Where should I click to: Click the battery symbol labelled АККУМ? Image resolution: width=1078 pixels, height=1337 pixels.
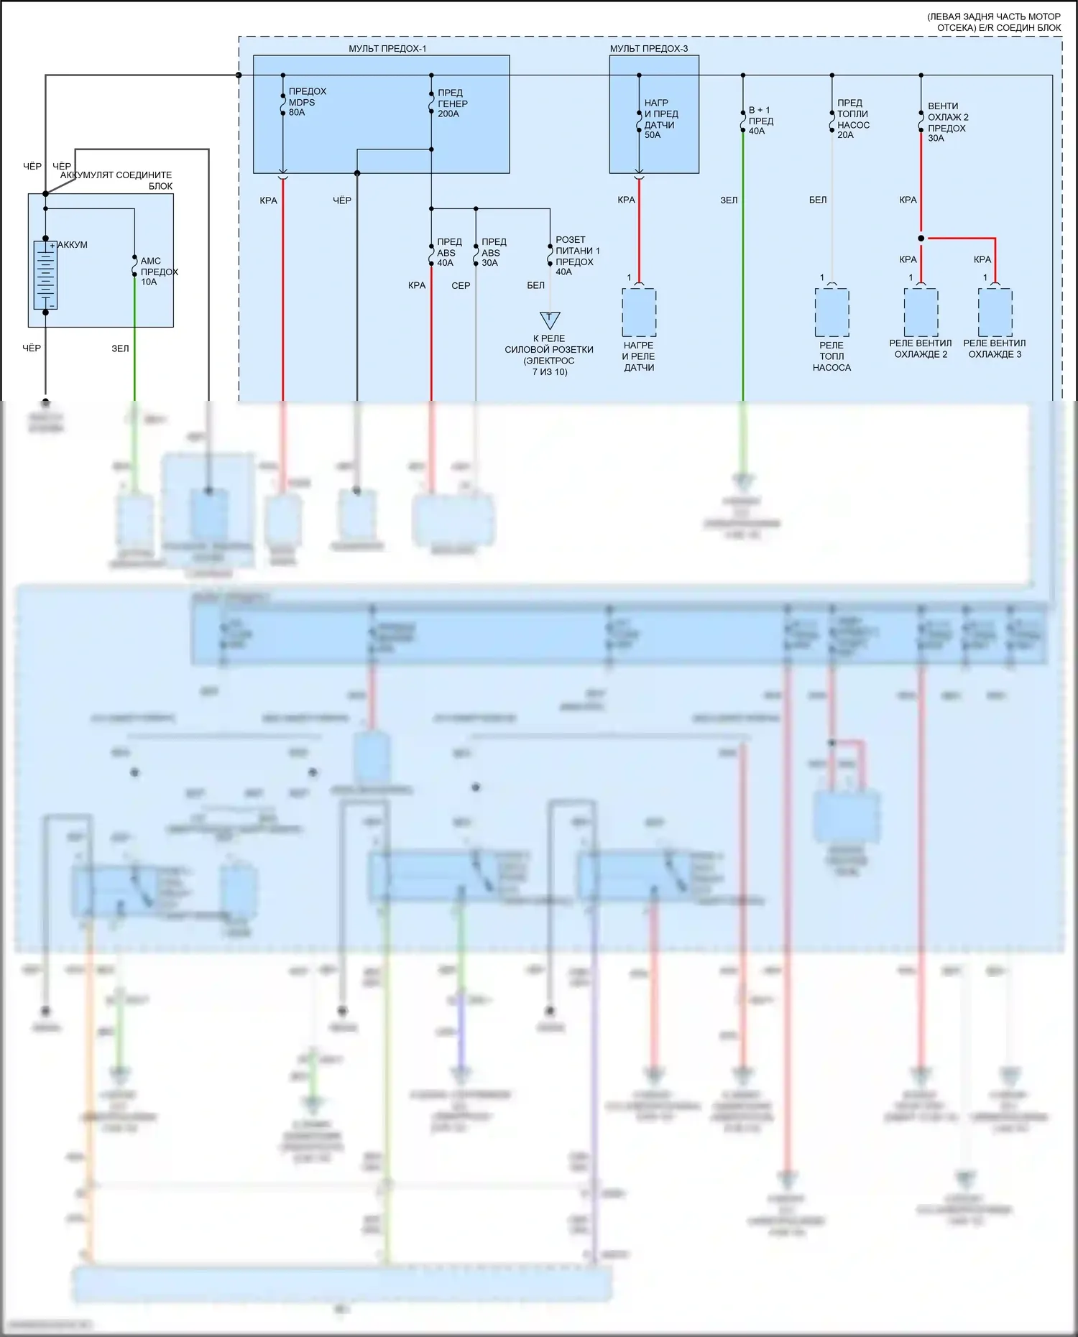coord(45,275)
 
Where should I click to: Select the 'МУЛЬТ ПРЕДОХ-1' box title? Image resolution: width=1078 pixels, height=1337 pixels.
coord(387,49)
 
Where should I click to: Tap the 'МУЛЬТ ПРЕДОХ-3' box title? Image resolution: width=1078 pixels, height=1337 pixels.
coord(648,49)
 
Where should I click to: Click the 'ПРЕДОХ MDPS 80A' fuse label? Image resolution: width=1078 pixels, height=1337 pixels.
coord(307,102)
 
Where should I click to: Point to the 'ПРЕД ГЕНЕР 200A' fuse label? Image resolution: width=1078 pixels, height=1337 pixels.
coord(452,103)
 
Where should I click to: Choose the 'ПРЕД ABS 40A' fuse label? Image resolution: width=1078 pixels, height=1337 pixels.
coord(449,252)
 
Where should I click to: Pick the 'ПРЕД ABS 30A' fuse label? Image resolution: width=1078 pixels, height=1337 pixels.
coord(494,252)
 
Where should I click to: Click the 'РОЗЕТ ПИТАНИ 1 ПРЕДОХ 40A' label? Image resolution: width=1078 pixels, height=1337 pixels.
coord(577,256)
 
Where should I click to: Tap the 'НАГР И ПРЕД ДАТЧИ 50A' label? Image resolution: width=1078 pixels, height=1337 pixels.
coord(661,119)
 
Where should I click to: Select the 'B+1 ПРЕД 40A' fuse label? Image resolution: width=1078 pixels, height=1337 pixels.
coord(760,121)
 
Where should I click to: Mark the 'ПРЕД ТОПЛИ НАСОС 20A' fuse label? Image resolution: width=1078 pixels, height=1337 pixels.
coord(853,119)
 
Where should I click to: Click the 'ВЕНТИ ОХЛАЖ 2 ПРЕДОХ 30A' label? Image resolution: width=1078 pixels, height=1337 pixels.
coord(947,122)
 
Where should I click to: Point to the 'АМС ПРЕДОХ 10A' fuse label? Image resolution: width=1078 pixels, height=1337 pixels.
coord(158,272)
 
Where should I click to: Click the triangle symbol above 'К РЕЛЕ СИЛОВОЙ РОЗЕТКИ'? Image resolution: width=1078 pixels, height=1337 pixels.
coord(550,319)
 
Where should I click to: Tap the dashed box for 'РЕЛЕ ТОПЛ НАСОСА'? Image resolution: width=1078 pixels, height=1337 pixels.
coord(831,313)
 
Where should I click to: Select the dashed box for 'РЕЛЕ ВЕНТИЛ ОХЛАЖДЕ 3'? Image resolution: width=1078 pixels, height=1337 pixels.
coord(995,313)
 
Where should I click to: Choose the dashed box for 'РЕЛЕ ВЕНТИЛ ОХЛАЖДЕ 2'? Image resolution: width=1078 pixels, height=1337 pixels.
coord(921,313)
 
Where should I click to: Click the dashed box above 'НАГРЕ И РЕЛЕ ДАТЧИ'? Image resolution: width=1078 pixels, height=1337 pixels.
coord(639,313)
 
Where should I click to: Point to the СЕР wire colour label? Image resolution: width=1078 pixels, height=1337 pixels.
coord(461,286)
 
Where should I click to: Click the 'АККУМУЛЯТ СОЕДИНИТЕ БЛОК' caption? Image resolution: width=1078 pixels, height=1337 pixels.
coord(116,180)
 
